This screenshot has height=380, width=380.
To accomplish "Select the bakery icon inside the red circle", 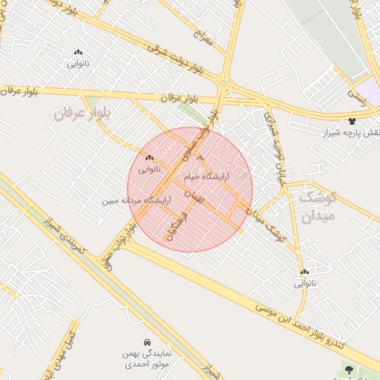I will click(x=150, y=157).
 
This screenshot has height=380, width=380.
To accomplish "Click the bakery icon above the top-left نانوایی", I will click(x=78, y=52).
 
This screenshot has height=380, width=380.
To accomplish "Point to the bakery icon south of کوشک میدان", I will click(x=305, y=272).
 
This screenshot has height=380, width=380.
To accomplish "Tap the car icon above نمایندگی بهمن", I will click(x=148, y=342).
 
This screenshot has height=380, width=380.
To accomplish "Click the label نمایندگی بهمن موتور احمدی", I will click(x=147, y=360).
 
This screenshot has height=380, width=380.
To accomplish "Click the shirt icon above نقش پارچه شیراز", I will click(x=351, y=120).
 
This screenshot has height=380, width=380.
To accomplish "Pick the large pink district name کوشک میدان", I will click(x=318, y=206).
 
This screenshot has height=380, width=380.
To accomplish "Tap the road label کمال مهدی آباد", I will click(x=64, y=350).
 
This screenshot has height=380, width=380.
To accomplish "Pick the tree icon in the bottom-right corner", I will click(x=349, y=368).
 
